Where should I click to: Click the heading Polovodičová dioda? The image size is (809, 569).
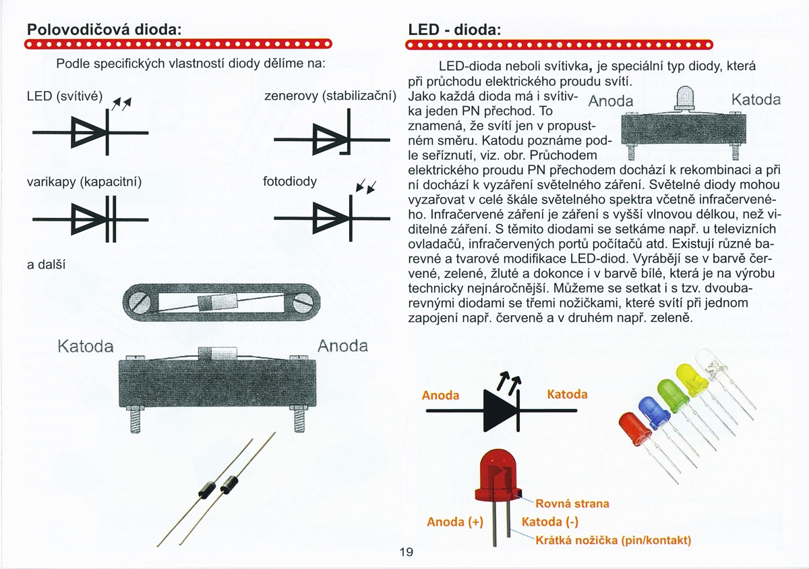[104, 30]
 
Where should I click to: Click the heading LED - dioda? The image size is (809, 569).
[454, 30]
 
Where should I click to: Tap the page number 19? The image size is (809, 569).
[406, 552]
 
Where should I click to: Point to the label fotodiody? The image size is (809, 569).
[290, 183]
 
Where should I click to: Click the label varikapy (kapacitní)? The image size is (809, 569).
[84, 183]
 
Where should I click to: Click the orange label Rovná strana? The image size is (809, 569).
[572, 504]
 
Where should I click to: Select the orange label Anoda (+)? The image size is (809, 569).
[456, 522]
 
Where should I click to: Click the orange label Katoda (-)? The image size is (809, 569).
[551, 522]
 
